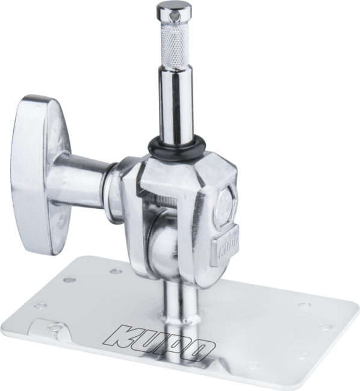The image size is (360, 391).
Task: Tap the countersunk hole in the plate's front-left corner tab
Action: [57, 328]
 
